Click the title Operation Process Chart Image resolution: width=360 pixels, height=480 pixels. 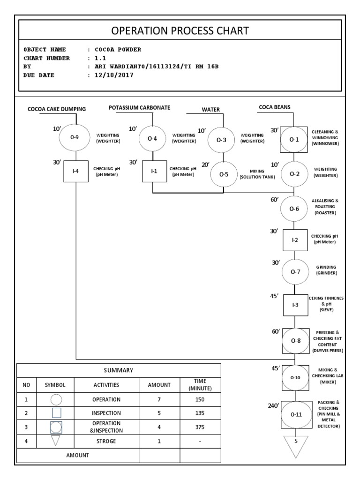[180, 31]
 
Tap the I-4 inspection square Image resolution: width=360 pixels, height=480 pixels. [76, 171]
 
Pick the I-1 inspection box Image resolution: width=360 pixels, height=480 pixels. [154, 172]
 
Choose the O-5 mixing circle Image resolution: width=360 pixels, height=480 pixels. [224, 174]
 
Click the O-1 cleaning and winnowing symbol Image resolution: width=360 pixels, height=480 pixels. [294, 139]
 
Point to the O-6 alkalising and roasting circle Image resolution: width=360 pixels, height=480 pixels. [294, 209]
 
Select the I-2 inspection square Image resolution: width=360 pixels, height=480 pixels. [295, 240]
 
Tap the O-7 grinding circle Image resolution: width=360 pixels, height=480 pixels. [295, 271]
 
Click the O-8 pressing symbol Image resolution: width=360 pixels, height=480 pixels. [295, 341]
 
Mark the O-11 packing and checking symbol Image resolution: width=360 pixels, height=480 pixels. [296, 414]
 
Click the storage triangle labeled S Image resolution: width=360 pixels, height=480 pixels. [296, 445]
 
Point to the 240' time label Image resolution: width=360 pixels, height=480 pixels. [273, 406]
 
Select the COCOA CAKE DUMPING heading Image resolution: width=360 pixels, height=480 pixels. [57, 109]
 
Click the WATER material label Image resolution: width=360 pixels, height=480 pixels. [211, 110]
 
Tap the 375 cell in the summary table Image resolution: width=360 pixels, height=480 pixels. [200, 427]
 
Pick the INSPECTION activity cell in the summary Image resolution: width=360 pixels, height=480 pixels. [106, 413]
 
